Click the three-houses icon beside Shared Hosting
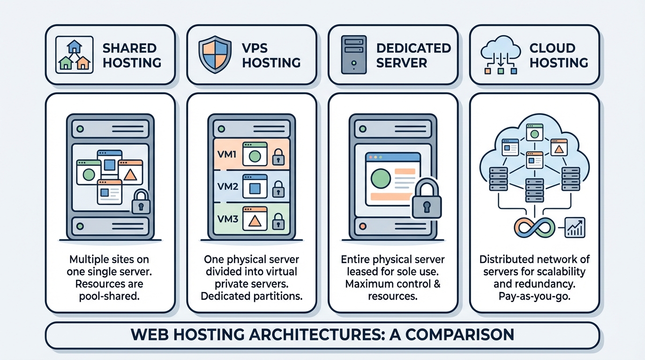(x=73, y=55)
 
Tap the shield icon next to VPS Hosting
(x=215, y=55)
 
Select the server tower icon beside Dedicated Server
(x=354, y=55)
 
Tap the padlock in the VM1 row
(x=278, y=157)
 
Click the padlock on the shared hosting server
(x=141, y=202)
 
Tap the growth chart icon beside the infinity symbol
(x=575, y=227)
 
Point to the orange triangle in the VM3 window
(x=255, y=220)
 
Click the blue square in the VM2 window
(x=255, y=188)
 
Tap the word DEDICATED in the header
(x=413, y=48)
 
